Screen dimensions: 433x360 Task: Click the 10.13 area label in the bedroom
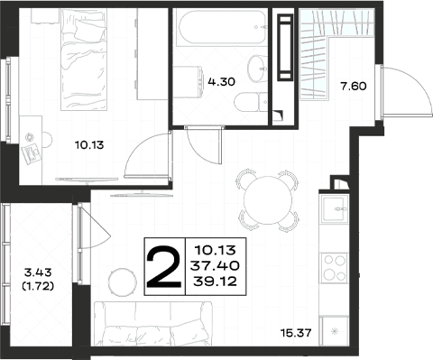89,145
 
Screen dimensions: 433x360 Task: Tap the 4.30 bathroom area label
221,81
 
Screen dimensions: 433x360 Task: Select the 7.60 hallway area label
354,87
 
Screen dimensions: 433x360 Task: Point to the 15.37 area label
296,333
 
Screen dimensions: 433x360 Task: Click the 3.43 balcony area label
38,272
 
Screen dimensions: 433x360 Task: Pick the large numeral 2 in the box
164,266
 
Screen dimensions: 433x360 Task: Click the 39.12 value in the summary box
215,282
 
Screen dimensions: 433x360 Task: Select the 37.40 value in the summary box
215,265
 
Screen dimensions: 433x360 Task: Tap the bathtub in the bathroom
222,27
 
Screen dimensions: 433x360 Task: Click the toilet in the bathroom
251,102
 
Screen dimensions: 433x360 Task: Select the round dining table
268,200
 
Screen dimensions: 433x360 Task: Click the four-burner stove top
334,268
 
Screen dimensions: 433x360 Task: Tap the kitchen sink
335,208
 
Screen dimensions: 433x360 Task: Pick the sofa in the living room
153,324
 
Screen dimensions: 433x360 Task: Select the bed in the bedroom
84,60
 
